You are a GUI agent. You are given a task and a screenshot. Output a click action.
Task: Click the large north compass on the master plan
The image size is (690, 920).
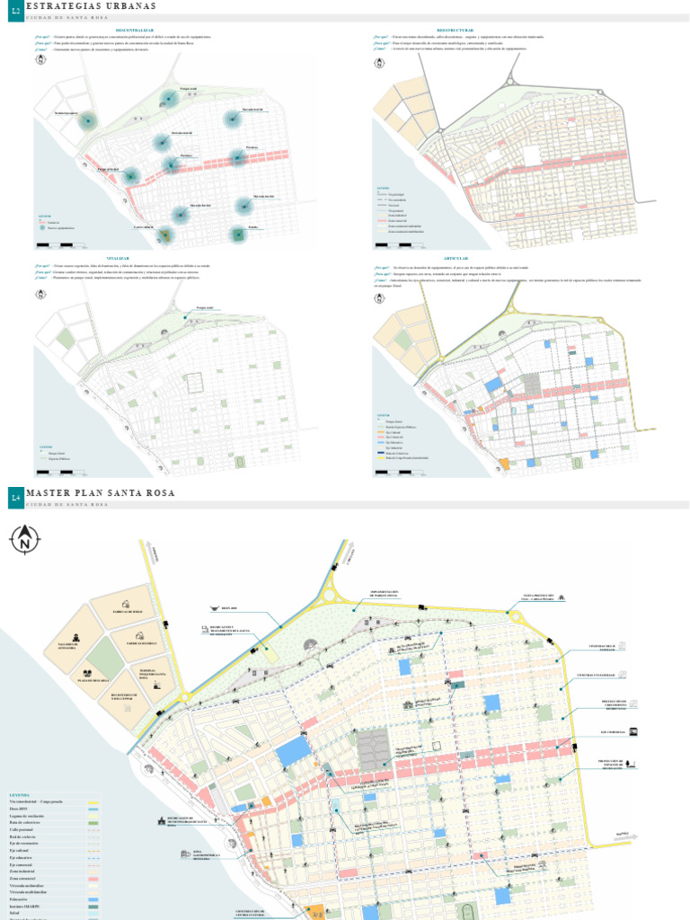[x=24, y=540]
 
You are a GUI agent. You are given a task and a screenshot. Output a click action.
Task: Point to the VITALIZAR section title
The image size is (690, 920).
[x=119, y=257]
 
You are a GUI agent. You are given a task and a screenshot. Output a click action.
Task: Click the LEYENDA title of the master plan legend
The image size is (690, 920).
[x=20, y=795]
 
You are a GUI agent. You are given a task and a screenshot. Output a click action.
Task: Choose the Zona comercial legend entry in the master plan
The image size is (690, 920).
[x=23, y=878]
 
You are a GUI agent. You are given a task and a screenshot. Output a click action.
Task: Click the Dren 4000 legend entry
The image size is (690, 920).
[x=19, y=809]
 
